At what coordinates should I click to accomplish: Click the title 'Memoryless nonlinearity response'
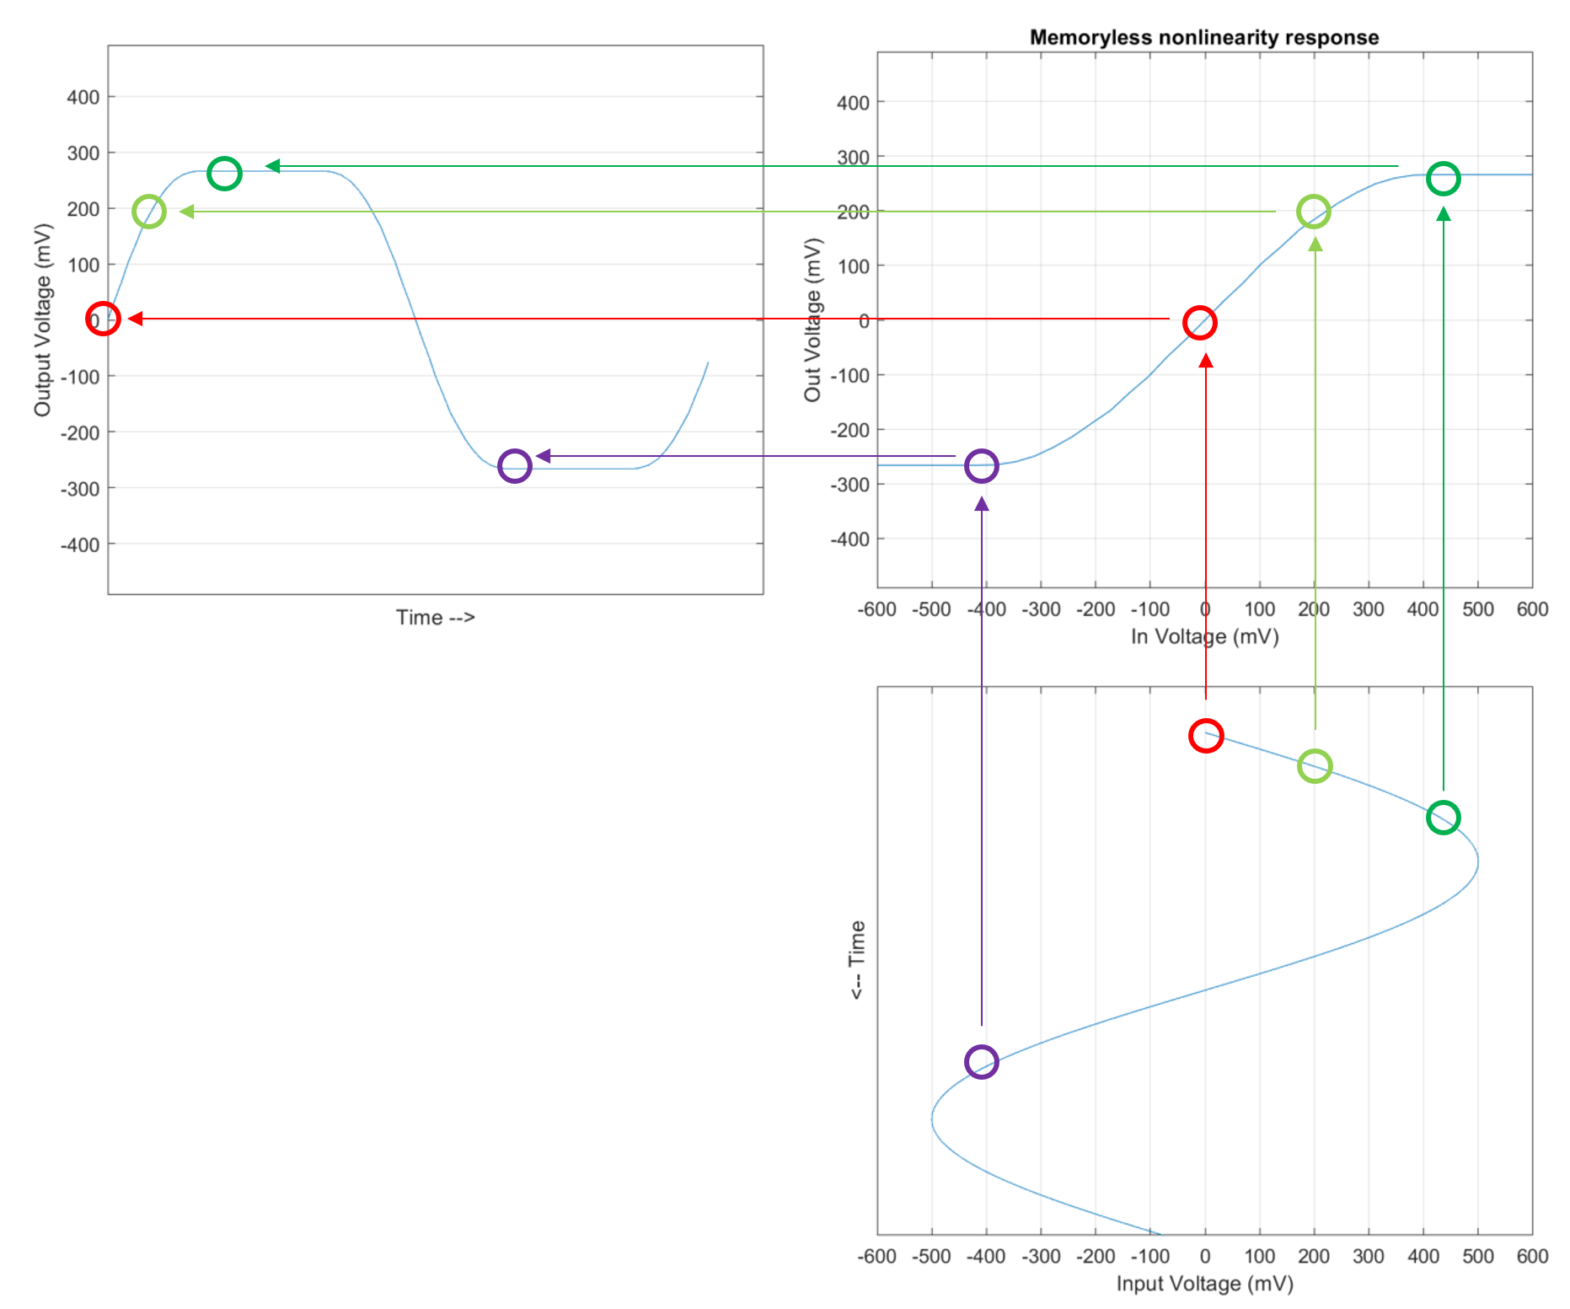point(1204,38)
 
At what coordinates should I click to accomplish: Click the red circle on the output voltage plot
point(103,319)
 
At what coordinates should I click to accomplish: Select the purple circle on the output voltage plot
point(514,465)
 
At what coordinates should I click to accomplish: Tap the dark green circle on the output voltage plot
point(224,174)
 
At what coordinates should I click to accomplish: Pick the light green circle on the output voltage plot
point(149,211)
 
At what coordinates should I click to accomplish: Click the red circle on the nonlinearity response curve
point(1199,323)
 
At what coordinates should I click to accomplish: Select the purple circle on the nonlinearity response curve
point(982,465)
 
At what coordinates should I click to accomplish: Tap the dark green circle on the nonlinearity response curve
point(1443,179)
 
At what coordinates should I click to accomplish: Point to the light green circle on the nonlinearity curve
point(1314,212)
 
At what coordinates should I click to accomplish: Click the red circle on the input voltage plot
point(1206,735)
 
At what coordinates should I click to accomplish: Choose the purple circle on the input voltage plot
point(982,1062)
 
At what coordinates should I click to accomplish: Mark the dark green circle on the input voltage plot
point(1443,818)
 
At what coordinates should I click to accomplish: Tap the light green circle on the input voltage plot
point(1315,766)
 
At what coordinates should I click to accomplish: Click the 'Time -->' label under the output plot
point(436,618)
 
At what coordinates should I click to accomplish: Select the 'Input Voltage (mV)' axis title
point(1204,1284)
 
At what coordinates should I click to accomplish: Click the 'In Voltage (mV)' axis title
point(1204,636)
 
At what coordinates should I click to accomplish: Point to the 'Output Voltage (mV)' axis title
point(43,319)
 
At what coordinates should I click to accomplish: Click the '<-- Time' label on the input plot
point(857,960)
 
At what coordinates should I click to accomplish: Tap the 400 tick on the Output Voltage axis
point(83,97)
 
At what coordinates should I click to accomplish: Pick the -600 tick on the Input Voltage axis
point(876,1257)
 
